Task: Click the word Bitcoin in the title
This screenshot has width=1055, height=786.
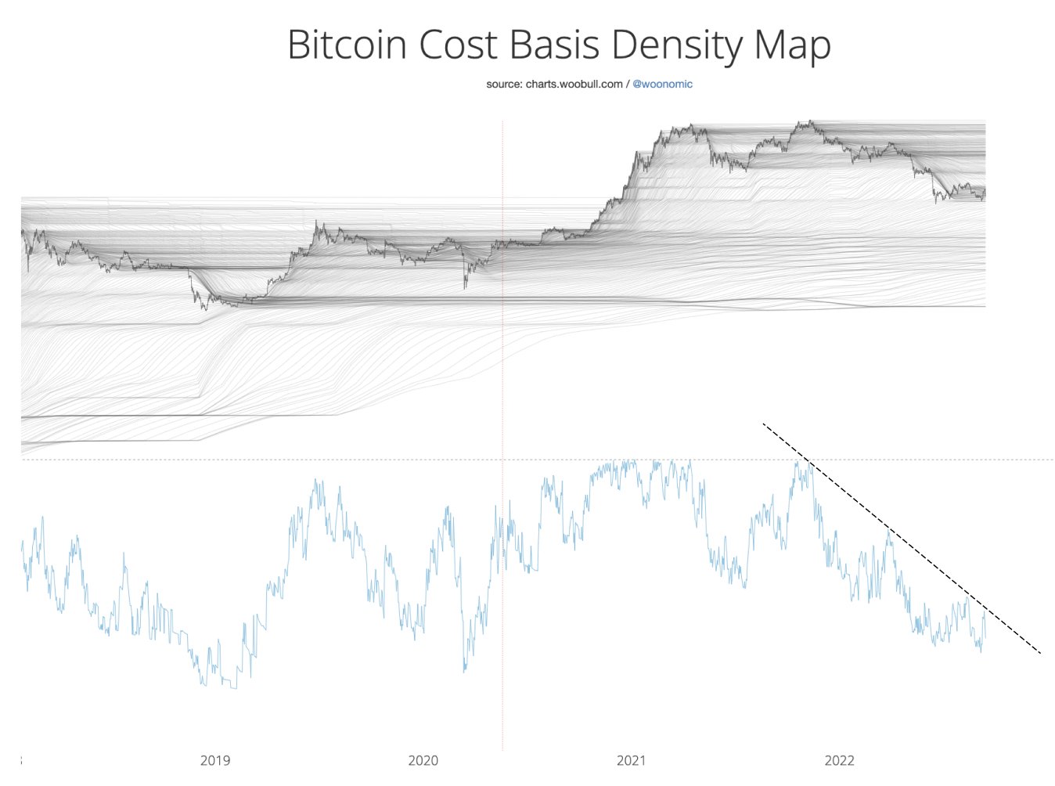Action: tap(347, 45)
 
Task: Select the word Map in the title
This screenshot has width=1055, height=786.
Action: tap(791, 45)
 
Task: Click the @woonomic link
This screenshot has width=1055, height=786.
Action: tap(662, 84)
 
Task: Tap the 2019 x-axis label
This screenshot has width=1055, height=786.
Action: tap(215, 760)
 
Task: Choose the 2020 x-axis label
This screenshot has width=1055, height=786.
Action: tap(423, 760)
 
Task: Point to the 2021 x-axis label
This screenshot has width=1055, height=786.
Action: tap(632, 760)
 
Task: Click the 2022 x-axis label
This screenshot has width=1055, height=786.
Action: tap(840, 760)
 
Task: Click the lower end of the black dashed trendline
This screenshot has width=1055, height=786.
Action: tap(1040, 653)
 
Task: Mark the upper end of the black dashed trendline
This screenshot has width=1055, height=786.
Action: tap(763, 424)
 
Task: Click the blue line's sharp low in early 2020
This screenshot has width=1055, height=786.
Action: tap(464, 671)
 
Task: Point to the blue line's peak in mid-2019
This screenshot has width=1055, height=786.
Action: tap(316, 481)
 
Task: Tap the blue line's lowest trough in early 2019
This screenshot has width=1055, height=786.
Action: tap(232, 688)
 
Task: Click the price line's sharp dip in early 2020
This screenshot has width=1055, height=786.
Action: tap(465, 287)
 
